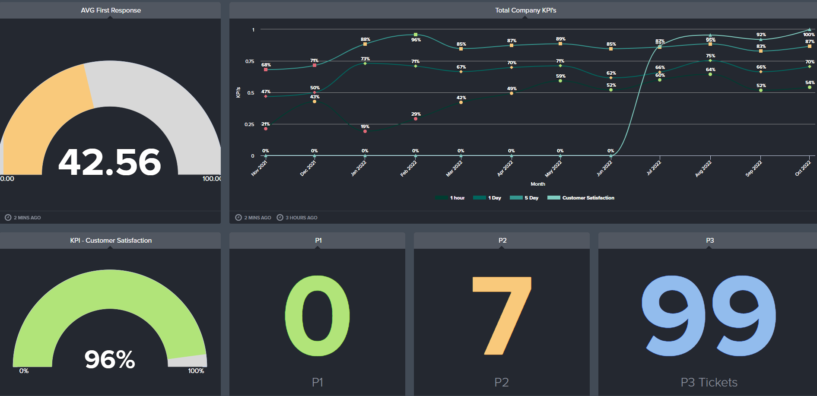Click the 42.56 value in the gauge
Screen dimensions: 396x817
pos(110,162)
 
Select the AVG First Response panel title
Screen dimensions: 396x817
pos(111,10)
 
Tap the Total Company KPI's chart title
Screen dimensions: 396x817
pos(525,10)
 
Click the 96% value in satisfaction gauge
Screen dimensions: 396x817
pos(110,359)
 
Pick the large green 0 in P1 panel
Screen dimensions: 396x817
pos(317,316)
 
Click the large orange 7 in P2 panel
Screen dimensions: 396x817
pos(502,316)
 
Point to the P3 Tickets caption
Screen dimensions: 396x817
pos(709,382)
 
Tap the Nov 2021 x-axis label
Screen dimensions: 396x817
pos(259,168)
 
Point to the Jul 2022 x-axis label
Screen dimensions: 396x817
pos(654,168)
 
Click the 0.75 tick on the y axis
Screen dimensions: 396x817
pos(250,61)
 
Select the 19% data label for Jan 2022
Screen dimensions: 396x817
pos(365,127)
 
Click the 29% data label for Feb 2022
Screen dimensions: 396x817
pos(416,114)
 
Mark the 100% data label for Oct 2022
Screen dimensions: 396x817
pos(809,35)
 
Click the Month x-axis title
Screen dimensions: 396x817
pos(537,184)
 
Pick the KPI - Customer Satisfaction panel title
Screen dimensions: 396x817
pos(111,241)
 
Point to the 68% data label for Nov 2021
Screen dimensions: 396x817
pos(266,65)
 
